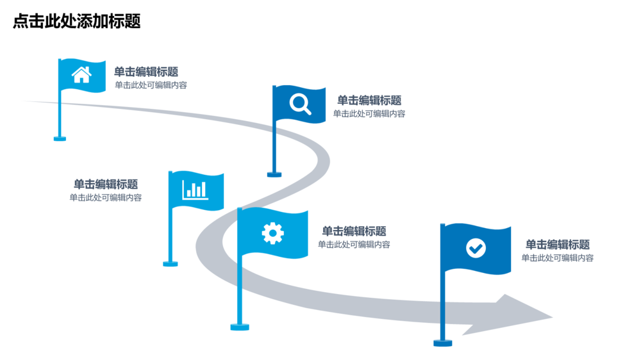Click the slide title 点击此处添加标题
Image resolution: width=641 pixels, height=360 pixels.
[77, 22]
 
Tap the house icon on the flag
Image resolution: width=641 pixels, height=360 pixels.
[81, 75]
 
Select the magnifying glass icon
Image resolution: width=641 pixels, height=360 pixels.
[300, 104]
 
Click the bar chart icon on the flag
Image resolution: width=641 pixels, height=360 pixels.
[195, 190]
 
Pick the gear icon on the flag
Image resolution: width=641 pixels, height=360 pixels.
[272, 233]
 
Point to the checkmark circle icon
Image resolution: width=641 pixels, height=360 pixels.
[476, 248]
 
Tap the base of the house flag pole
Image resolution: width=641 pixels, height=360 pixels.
[60, 138]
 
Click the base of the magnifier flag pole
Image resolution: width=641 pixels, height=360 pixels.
[274, 174]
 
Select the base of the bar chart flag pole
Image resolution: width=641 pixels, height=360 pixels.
[171, 263]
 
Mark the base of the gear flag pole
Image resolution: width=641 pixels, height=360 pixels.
[240, 327]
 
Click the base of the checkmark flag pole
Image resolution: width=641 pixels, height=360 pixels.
[443, 343]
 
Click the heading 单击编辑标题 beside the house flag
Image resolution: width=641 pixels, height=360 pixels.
[146, 72]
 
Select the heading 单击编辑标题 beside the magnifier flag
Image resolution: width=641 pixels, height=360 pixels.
[369, 101]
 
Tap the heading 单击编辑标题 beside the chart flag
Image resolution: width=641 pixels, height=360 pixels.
[106, 184]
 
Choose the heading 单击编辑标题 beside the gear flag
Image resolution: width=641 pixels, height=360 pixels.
[354, 231]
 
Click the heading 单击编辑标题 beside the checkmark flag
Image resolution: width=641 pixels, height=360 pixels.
[558, 245]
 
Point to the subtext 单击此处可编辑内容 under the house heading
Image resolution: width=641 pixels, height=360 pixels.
[151, 85]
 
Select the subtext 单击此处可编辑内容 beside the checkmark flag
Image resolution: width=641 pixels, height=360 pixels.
[558, 258]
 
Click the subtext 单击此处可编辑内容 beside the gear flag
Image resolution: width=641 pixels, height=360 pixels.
[354, 245]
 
